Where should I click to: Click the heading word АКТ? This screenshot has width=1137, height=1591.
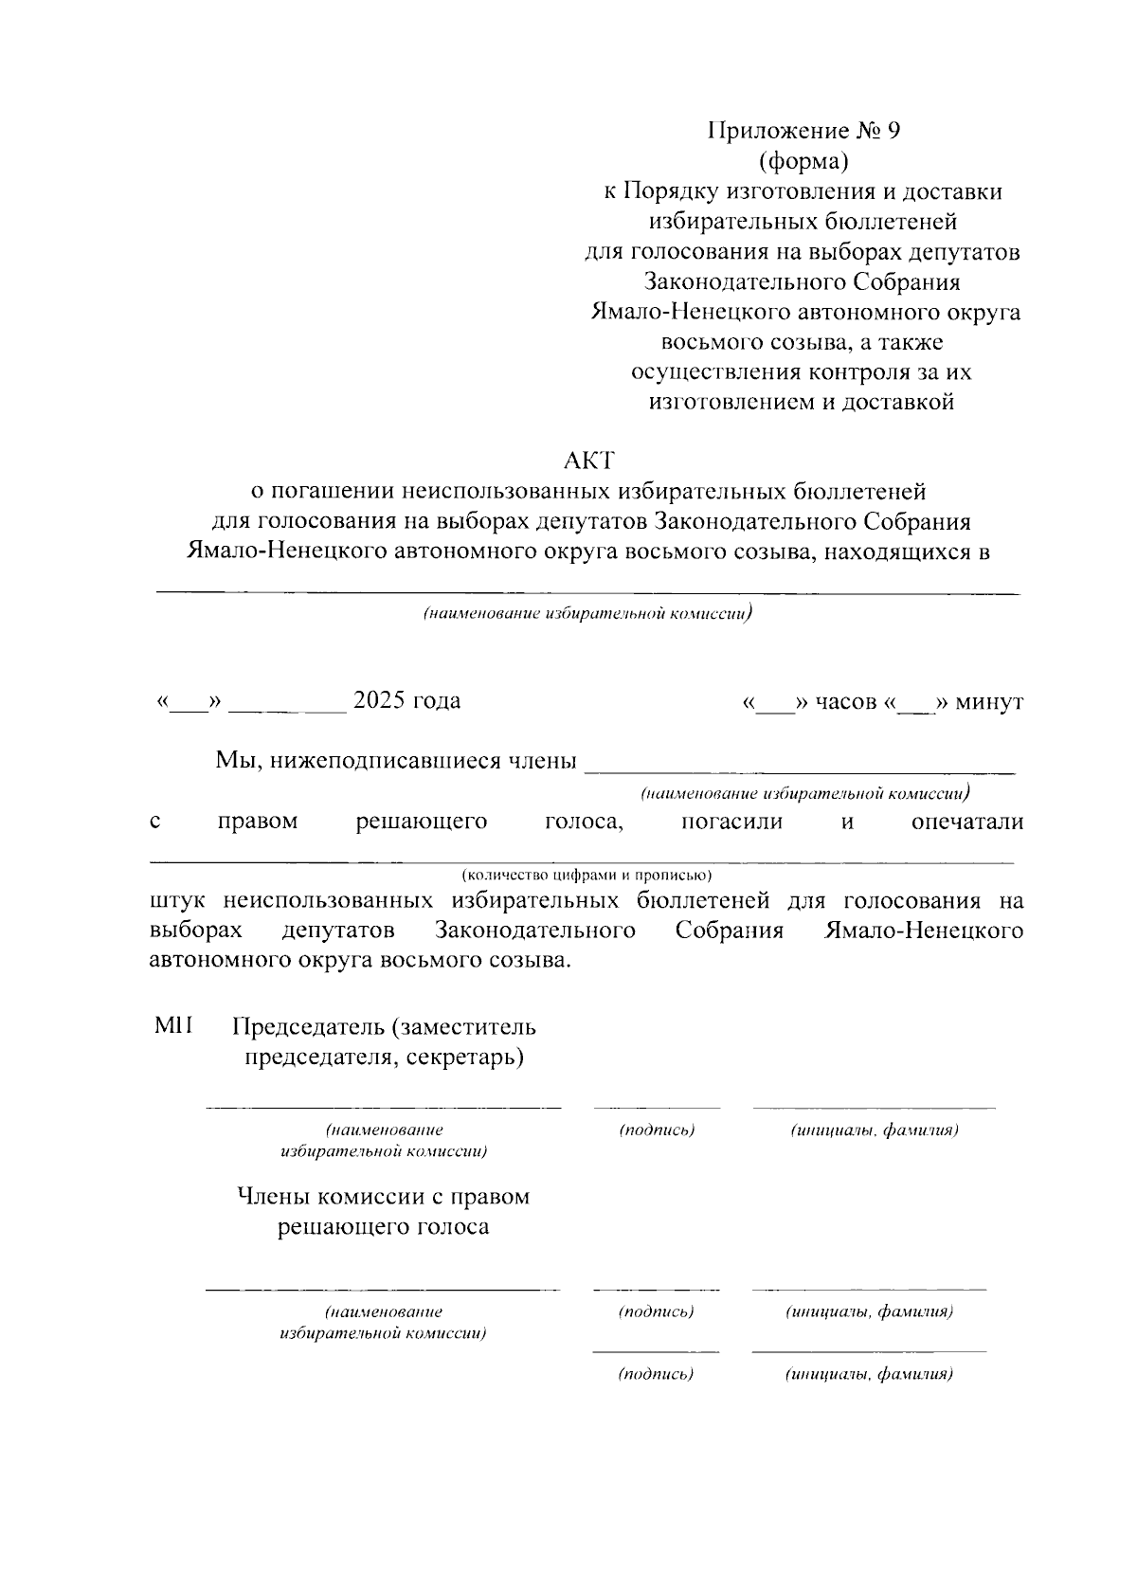click(588, 461)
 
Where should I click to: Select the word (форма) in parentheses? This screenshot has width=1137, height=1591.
click(803, 161)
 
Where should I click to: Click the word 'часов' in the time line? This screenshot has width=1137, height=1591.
click(845, 702)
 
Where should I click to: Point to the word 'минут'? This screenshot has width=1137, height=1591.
click(989, 702)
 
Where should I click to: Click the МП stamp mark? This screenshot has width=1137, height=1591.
click(173, 1026)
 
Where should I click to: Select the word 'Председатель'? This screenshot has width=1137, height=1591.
click(307, 1027)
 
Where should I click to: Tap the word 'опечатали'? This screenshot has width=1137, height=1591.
click(966, 822)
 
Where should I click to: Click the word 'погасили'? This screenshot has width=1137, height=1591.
click(732, 822)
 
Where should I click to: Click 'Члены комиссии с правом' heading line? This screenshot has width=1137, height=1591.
click(383, 1197)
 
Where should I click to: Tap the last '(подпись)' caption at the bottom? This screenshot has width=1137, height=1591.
click(656, 1374)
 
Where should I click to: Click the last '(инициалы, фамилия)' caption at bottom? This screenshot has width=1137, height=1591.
click(868, 1374)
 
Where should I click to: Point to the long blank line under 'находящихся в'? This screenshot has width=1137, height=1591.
click(587, 593)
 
